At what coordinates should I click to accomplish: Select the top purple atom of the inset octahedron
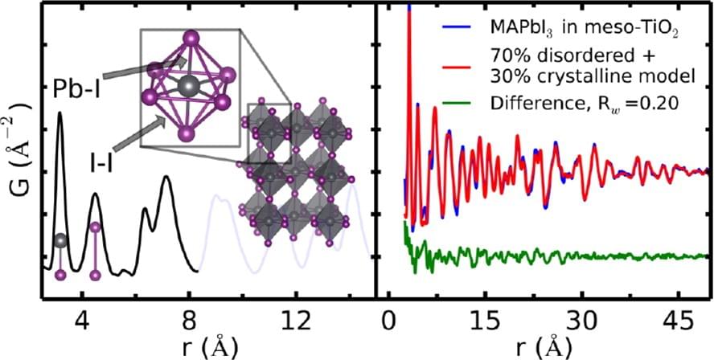tap(191, 37)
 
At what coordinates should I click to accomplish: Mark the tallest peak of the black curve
tap(59, 112)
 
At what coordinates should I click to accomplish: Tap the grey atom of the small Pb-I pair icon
tap(60, 240)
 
